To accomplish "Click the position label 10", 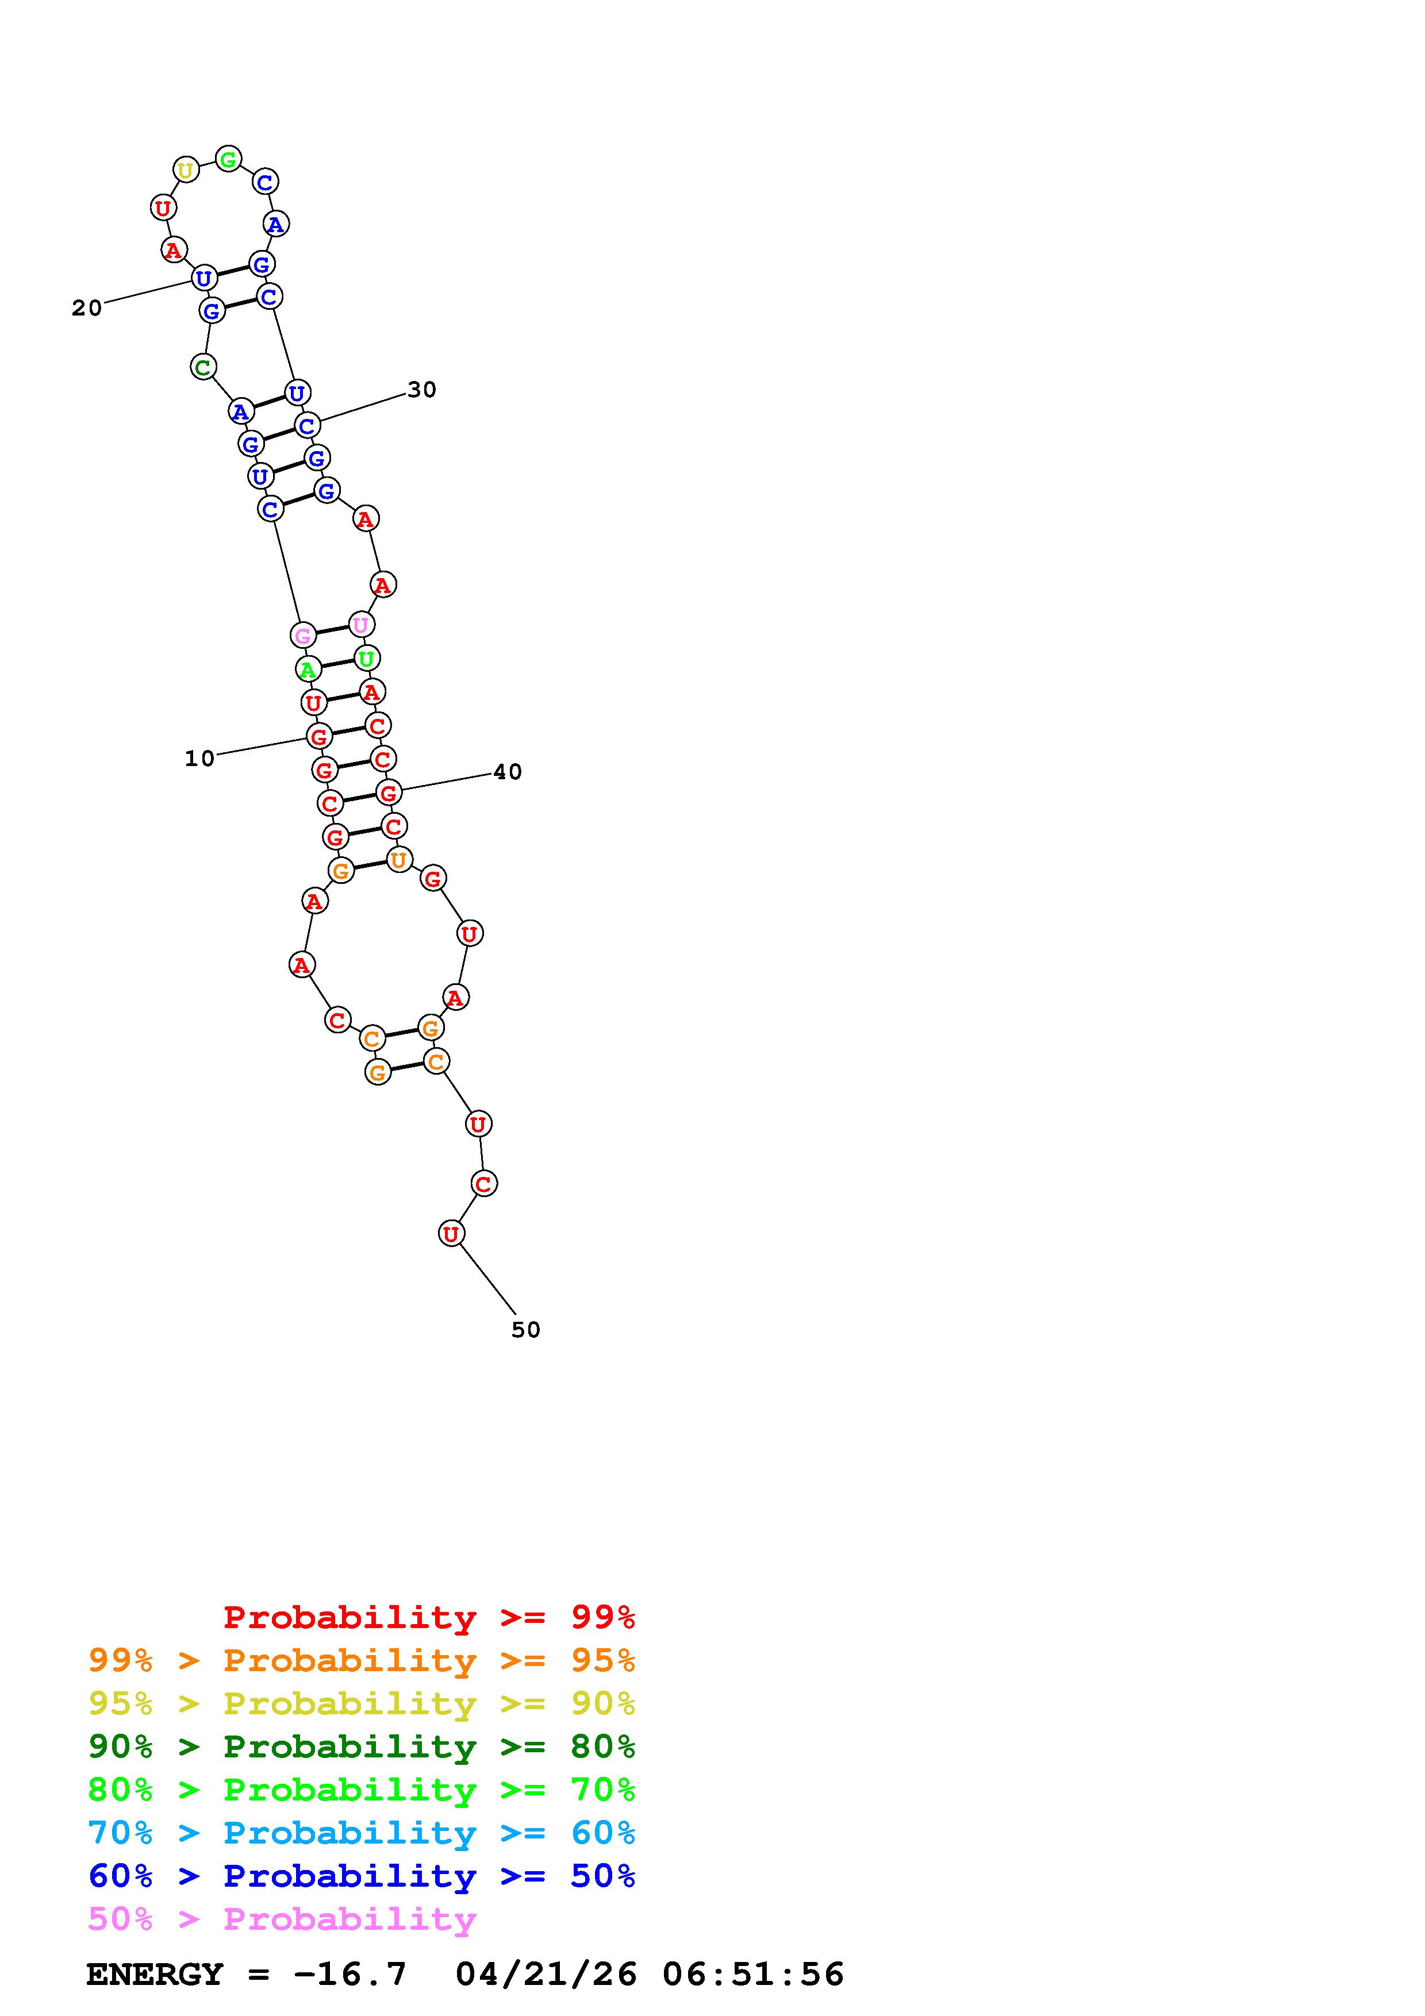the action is (199, 758).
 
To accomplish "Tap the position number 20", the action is (87, 307).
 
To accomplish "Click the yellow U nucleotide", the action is (185, 170).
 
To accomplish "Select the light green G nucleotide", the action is (228, 159).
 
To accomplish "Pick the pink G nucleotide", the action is (303, 635).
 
